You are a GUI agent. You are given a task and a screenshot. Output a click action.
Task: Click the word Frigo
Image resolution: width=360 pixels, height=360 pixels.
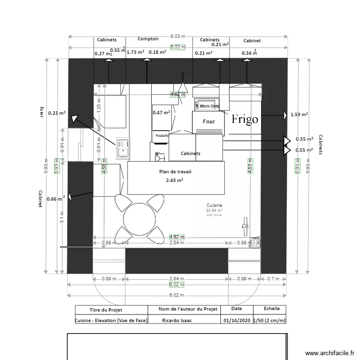tap(245, 120)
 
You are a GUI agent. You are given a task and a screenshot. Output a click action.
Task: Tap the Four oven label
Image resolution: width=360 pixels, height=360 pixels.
tap(209, 122)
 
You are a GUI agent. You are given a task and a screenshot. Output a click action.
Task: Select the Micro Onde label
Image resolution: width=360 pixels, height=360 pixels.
tap(209, 106)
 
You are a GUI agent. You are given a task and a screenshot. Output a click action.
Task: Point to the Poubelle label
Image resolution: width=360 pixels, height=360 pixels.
tap(162, 136)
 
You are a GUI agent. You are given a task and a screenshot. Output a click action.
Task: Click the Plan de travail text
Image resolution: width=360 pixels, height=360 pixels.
tap(175, 171)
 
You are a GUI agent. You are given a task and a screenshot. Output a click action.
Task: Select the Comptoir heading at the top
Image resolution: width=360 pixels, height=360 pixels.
tap(148, 39)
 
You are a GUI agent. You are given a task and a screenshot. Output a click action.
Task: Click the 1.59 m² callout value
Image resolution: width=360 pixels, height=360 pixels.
tap(299, 115)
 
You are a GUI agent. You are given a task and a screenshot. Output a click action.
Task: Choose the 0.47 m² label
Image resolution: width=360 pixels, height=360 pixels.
tap(162, 113)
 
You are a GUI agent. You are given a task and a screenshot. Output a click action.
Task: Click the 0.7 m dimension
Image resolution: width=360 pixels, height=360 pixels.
tap(273, 278)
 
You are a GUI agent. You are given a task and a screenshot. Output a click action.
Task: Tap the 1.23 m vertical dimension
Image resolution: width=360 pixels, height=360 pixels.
tap(99, 102)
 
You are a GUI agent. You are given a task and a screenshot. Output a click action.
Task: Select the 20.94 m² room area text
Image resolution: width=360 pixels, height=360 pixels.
tap(214, 210)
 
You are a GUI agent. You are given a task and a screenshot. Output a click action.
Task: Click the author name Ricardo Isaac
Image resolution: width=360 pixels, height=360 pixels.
tap(177, 321)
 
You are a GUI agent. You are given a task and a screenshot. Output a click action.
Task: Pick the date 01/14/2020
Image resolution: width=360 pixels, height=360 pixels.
tap(236, 321)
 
